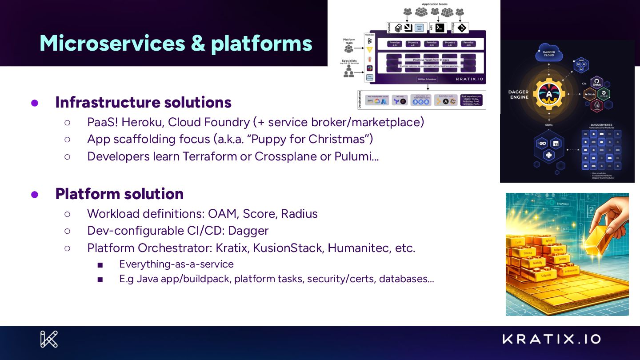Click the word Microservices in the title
pos(112,43)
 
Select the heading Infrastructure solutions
pos(143,102)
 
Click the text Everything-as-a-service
pos(176,264)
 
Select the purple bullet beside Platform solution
pos(35,194)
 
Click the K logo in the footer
pos(49,339)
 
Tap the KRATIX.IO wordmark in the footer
pos(552,339)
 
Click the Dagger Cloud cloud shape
pos(549,53)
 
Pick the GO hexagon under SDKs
pos(542,144)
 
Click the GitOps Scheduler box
pos(427,79)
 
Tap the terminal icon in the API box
pos(440,28)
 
